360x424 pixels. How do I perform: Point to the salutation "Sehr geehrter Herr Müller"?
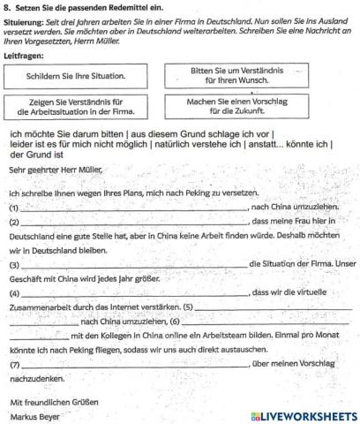click(x=56, y=168)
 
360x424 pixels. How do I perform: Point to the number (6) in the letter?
click(x=175, y=321)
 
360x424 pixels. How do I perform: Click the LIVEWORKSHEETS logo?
click(x=302, y=414)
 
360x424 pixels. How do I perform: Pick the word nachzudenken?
click(x=37, y=379)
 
